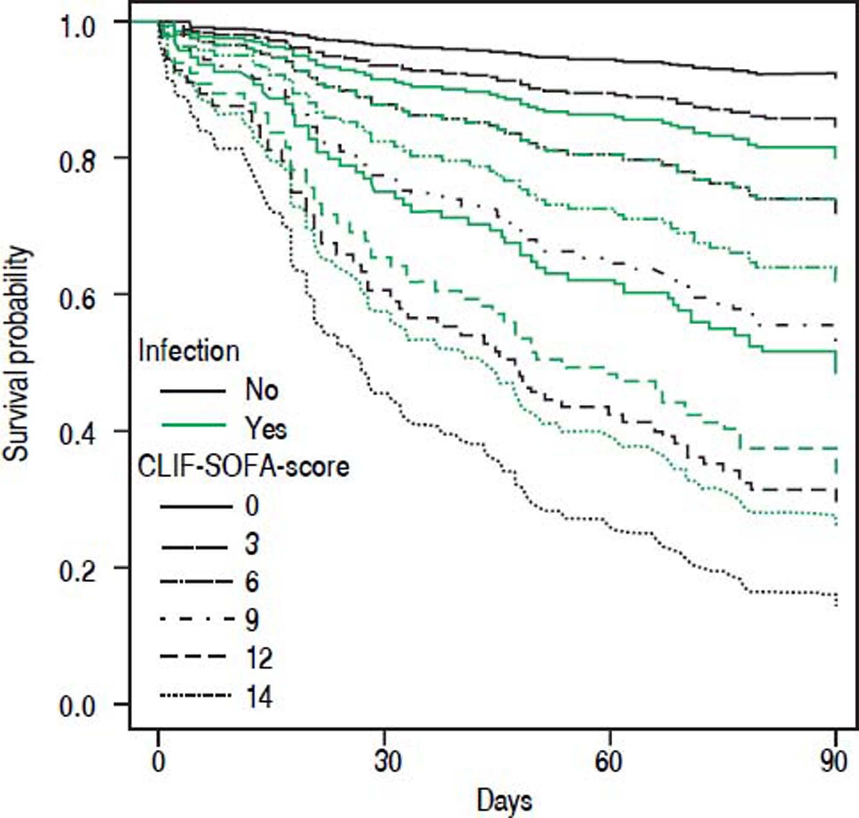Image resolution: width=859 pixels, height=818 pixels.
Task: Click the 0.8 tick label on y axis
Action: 77,163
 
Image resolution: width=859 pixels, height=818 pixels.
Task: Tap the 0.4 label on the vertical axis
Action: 77,436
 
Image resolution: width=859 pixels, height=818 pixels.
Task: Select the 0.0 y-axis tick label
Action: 77,707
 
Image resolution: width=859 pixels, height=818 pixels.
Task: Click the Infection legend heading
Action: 188,351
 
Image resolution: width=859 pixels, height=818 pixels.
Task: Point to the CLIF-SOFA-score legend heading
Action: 243,467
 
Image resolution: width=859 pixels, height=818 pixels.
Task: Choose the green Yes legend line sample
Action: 193,424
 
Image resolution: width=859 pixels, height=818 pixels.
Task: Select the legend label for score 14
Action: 259,697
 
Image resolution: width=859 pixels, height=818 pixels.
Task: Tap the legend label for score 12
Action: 259,658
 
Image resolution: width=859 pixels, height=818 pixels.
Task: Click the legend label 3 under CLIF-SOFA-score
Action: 252,544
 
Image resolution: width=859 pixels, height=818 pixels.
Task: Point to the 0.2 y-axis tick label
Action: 77,572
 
